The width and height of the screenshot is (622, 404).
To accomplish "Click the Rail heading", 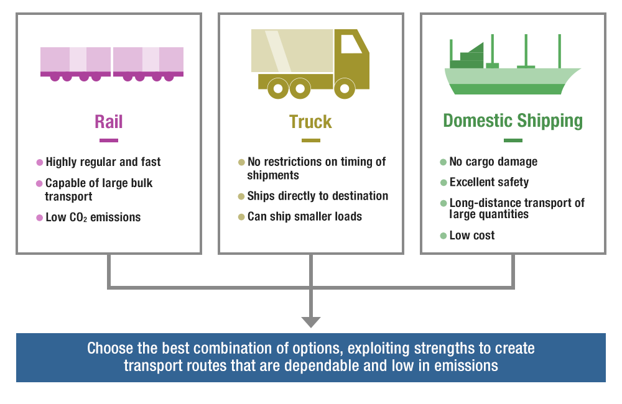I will click(108, 121).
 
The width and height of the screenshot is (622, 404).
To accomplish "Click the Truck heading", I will click(310, 122).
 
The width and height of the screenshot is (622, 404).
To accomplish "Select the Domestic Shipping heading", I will click(513, 121).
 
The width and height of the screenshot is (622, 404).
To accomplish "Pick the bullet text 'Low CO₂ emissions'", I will click(93, 218).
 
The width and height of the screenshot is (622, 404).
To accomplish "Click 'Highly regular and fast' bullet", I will click(103, 162).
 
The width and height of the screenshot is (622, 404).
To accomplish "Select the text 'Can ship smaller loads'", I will click(304, 217).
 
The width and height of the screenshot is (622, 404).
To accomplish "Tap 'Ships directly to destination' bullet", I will click(317, 196).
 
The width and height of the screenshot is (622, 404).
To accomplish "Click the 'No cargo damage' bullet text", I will click(493, 162).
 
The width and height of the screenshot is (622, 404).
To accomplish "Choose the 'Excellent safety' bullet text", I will click(489, 183).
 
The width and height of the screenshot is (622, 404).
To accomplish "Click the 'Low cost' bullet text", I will click(472, 236).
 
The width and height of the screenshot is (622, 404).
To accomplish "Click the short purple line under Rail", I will click(108, 140).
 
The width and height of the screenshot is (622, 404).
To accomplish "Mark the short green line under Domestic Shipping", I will click(513, 140).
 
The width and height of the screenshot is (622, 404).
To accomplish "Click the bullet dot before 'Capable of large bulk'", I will click(40, 184).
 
